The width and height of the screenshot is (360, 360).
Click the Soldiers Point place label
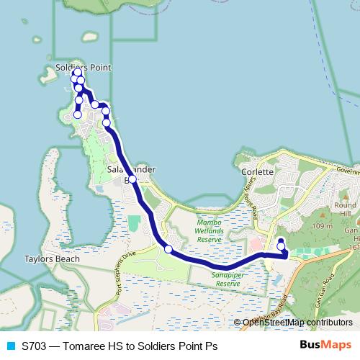coord(84,68)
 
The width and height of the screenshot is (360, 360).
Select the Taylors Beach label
coord(47,258)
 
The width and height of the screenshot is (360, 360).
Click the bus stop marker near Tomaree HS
coord(281,247)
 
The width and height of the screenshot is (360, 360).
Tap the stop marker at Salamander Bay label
coord(132,180)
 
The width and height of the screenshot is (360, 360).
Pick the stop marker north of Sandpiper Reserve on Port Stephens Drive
coord(168,249)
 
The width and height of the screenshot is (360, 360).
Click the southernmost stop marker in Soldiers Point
coord(77,114)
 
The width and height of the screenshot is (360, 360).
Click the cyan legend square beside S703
coord(10,346)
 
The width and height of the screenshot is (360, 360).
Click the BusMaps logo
coord(325,346)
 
